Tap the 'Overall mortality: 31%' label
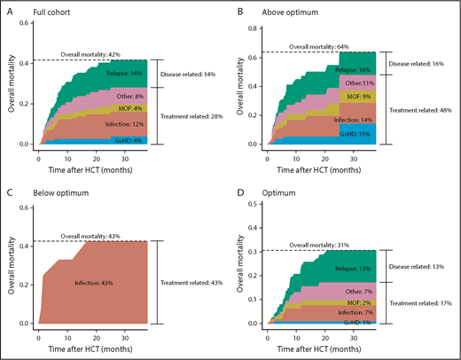[331, 245]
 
